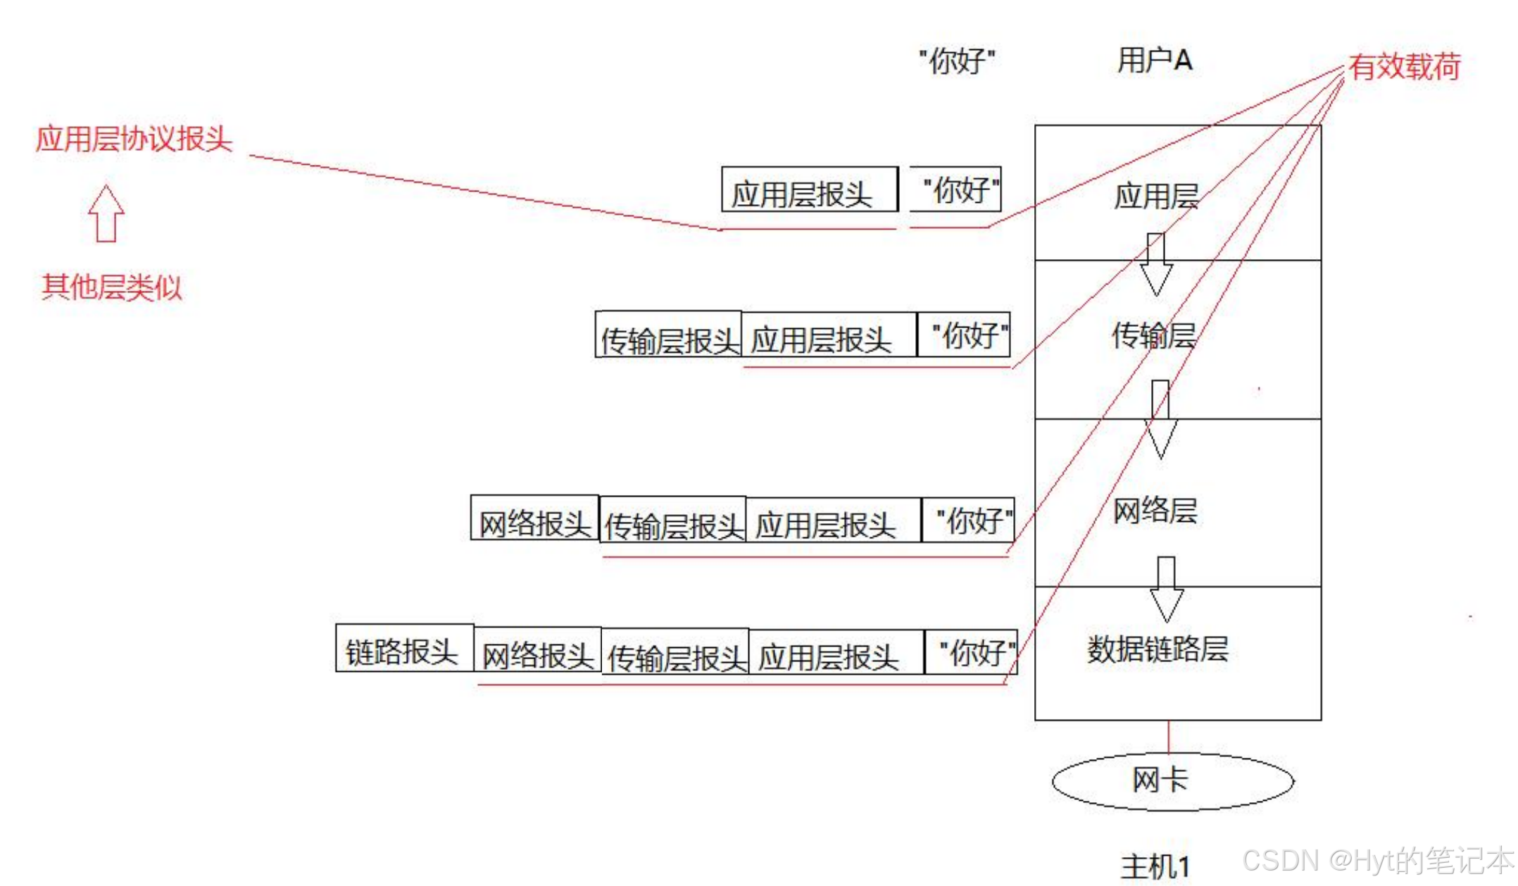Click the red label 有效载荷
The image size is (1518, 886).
point(1404,67)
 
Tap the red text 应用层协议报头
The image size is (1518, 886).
point(134,138)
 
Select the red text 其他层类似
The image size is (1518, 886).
point(111,287)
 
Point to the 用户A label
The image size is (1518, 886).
point(1154,60)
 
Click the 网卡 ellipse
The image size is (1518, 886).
point(1172,781)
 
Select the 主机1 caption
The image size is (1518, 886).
point(1155,866)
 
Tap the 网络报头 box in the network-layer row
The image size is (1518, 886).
point(534,518)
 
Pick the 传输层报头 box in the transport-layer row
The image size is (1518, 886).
point(668,335)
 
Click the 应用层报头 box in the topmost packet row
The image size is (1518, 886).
point(809,189)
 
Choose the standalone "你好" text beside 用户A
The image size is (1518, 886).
point(957,61)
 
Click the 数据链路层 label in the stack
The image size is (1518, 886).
point(1158,649)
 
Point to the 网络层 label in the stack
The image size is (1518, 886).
point(1155,510)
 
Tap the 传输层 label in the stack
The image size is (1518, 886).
point(1153,335)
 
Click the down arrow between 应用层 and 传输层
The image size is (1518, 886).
point(1155,264)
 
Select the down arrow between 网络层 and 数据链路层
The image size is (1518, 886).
point(1166,589)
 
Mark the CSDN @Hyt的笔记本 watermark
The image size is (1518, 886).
point(1377,861)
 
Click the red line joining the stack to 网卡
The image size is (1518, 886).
point(1169,737)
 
